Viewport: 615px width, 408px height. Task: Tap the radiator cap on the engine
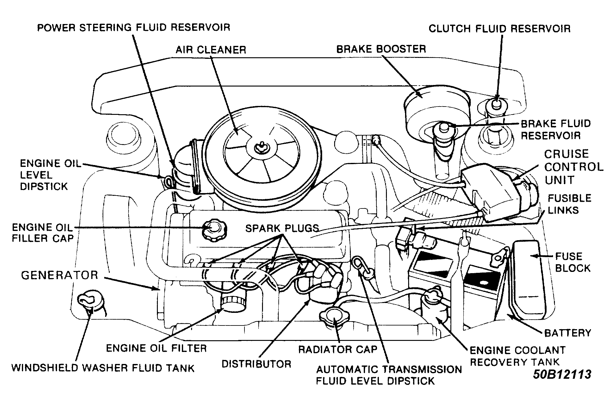click(x=334, y=317)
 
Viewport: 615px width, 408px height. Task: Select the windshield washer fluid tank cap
click(x=90, y=301)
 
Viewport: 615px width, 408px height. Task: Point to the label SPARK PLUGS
click(x=282, y=228)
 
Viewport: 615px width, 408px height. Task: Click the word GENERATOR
click(x=59, y=275)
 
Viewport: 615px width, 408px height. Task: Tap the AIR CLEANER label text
click(x=211, y=50)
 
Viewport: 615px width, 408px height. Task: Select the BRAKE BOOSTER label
click(x=381, y=49)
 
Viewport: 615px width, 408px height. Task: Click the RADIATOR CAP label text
click(x=338, y=349)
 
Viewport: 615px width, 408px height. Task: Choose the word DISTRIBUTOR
click(x=256, y=364)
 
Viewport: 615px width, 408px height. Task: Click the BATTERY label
click(x=568, y=333)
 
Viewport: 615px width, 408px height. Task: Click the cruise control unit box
click(x=490, y=192)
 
